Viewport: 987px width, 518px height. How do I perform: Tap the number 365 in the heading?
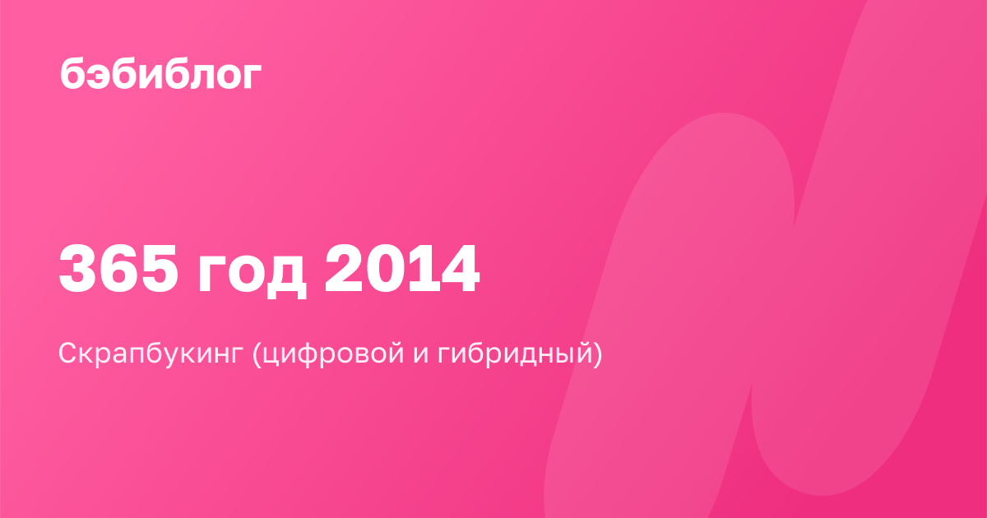click(119, 269)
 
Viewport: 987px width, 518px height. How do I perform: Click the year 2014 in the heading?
click(402, 269)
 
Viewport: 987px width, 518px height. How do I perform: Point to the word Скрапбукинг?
click(151, 354)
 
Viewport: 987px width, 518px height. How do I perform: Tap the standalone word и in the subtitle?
click(421, 355)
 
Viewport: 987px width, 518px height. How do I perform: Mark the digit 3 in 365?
click(79, 269)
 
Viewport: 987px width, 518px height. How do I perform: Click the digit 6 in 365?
click(119, 269)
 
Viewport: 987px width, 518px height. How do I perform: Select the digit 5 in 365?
click(160, 269)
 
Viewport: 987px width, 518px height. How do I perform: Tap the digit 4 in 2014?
click(458, 269)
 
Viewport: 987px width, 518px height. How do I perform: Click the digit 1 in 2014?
click(420, 269)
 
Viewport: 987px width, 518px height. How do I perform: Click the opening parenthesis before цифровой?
click(257, 355)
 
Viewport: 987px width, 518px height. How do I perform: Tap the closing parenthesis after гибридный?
click(597, 355)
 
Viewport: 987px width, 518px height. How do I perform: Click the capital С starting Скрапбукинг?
click(69, 353)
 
